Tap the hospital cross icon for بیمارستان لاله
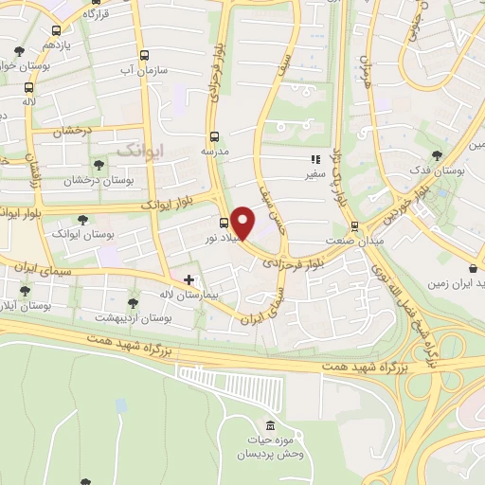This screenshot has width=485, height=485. (189, 279)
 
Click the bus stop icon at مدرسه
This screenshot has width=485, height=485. (214, 136)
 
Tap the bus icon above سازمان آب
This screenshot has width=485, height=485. (144, 56)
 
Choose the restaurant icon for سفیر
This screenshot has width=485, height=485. (314, 161)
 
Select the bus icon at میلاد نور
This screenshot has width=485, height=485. (223, 224)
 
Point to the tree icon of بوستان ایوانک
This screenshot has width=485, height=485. (82, 220)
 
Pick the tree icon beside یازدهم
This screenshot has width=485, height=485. (20, 51)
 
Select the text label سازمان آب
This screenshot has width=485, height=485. (144, 70)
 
